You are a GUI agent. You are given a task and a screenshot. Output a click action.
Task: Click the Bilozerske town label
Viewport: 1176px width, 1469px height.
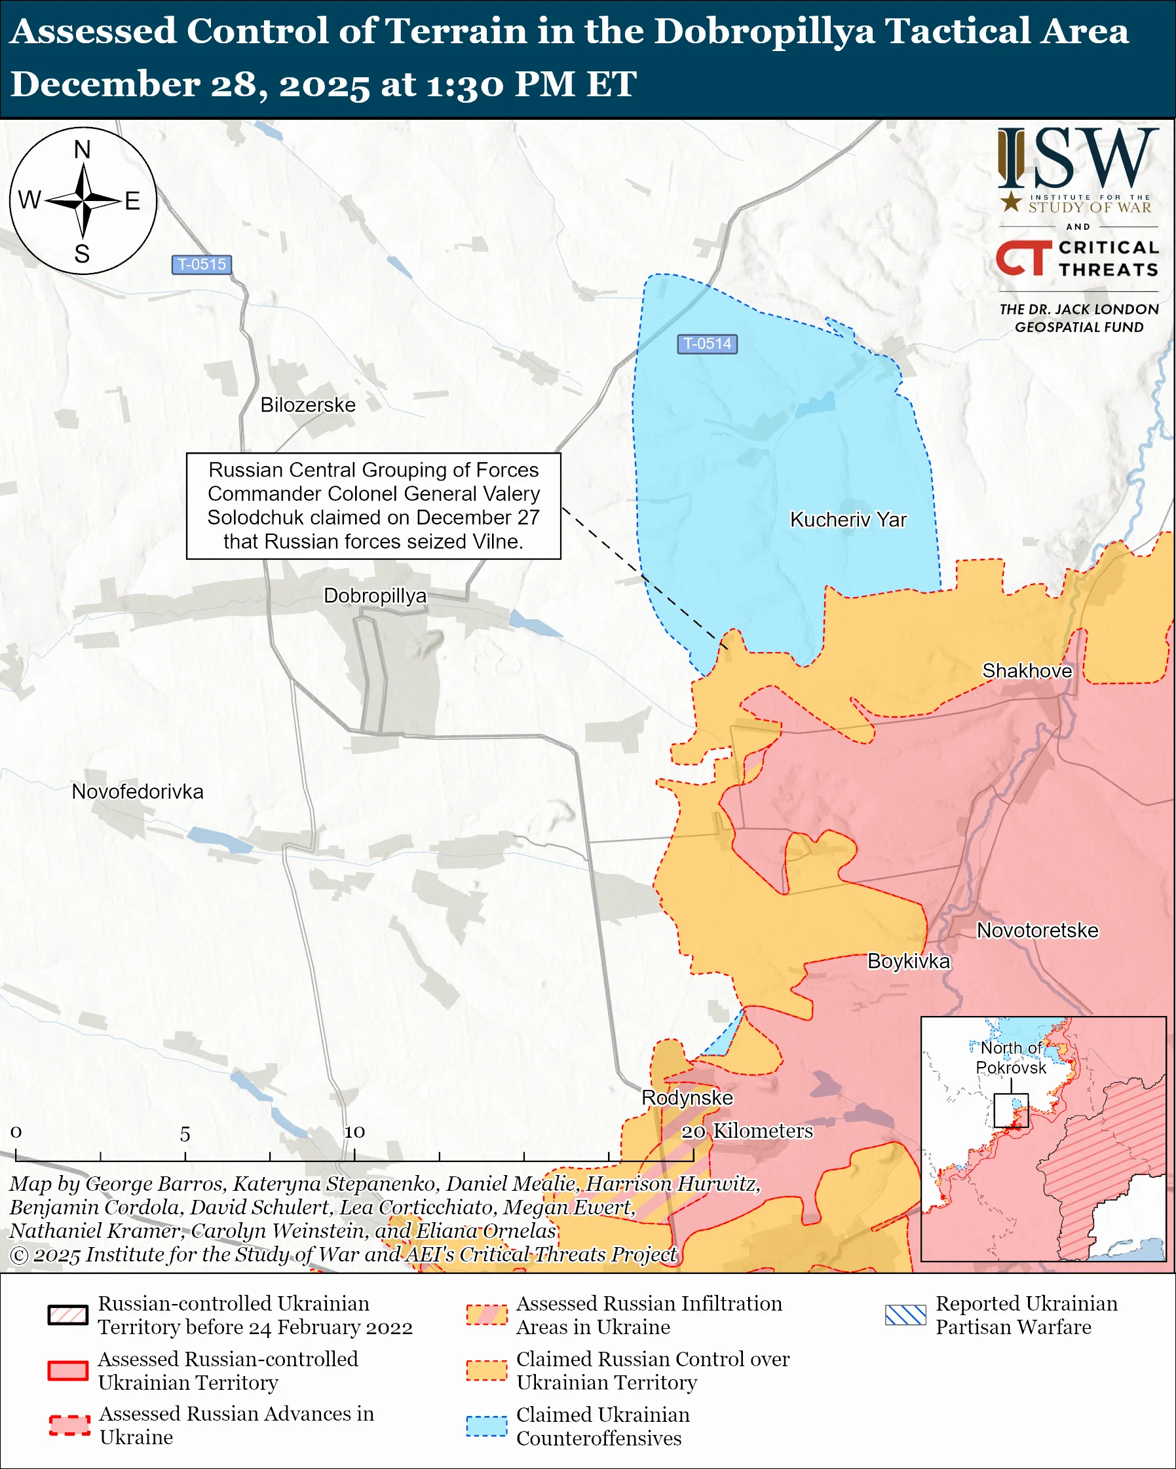click(x=307, y=405)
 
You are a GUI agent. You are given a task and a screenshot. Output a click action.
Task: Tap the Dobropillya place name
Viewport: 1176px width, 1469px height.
click(x=374, y=596)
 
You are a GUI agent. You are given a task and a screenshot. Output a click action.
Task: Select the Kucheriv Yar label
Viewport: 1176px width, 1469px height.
click(x=847, y=520)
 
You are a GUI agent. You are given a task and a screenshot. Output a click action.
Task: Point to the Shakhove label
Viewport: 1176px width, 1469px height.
click(x=1026, y=671)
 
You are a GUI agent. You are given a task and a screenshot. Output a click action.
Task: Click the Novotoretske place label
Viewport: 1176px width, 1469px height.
click(x=1037, y=931)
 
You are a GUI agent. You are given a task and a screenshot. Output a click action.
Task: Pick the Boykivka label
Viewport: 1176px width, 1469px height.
click(x=908, y=962)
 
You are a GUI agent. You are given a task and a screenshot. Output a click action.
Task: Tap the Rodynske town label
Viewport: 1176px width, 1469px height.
click(x=687, y=1098)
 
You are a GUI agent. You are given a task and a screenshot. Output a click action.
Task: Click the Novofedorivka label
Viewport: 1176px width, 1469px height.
click(x=138, y=791)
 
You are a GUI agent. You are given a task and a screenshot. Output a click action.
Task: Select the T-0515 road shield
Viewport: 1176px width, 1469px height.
click(x=202, y=264)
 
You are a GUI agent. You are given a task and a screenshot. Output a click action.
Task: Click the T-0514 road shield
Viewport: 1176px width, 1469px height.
click(x=707, y=344)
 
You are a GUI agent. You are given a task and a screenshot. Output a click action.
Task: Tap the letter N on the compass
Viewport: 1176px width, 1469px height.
click(x=83, y=150)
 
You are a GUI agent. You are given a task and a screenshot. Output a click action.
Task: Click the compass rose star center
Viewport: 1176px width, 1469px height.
click(x=83, y=200)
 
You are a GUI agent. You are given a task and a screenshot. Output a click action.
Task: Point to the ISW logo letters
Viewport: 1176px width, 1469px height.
click(x=1077, y=160)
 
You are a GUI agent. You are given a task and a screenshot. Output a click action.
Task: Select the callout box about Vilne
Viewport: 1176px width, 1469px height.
click(x=373, y=505)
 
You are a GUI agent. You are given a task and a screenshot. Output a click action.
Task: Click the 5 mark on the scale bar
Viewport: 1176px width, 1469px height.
click(x=185, y=1134)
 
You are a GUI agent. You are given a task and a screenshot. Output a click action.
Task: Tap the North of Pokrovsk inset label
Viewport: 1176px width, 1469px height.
click(x=1010, y=1058)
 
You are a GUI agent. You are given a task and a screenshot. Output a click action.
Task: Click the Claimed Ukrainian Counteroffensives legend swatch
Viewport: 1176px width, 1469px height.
click(x=487, y=1426)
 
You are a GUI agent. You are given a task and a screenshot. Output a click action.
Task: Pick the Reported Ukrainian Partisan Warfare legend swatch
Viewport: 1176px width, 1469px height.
click(x=905, y=1315)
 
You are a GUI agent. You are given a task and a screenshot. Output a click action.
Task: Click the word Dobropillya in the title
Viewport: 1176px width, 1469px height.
click(x=763, y=32)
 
